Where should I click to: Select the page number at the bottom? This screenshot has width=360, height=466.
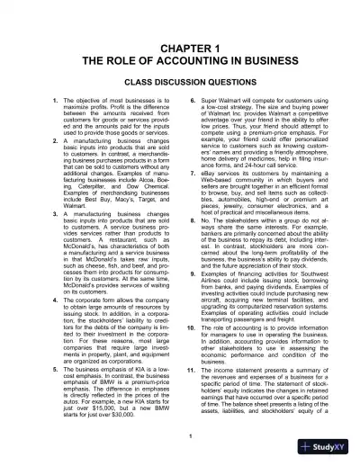click(180, 436)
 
